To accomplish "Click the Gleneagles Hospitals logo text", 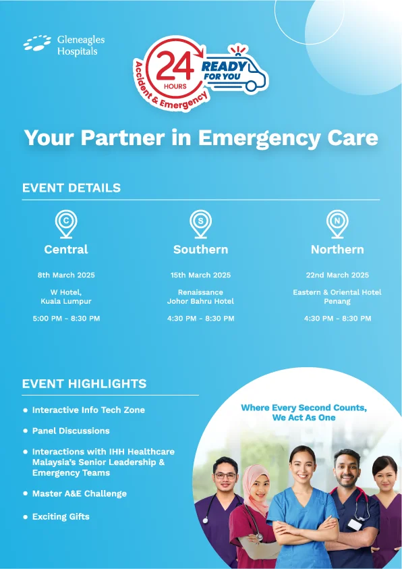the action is (81, 45).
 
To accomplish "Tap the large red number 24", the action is (175, 65).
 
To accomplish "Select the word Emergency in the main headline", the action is (259, 138).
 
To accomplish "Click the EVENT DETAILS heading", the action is (71, 188).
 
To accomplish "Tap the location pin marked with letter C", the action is (66, 225).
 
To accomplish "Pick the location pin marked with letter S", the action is (200, 225).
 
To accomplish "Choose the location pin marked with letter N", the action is (337, 225).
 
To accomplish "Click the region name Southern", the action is (201, 249).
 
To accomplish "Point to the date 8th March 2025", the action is (66, 275).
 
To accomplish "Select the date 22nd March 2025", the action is (337, 275).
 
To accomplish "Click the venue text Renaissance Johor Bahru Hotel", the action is (200, 297).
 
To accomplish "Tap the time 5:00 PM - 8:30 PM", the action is (66, 319).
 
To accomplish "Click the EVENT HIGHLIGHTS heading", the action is (84, 383).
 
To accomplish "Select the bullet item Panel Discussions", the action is (71, 431).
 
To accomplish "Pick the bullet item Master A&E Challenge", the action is (80, 493).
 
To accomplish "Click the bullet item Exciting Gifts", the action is (61, 517).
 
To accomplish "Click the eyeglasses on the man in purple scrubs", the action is (225, 476).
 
